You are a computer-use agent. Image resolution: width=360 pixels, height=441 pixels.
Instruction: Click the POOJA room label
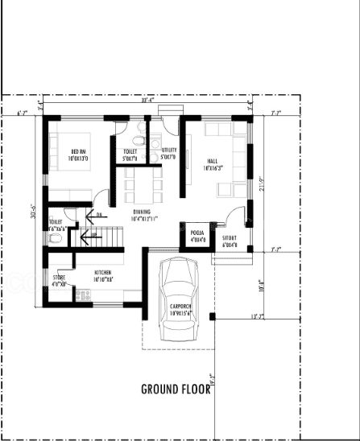click(197, 236)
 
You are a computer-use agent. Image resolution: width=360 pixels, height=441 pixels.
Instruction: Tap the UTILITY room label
click(168, 153)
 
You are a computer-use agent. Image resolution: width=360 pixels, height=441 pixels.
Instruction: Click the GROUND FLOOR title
click(176, 390)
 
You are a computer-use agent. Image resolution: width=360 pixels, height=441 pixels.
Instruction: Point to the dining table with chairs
click(143, 188)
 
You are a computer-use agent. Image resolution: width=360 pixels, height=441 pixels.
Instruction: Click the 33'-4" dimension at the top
click(147, 101)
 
